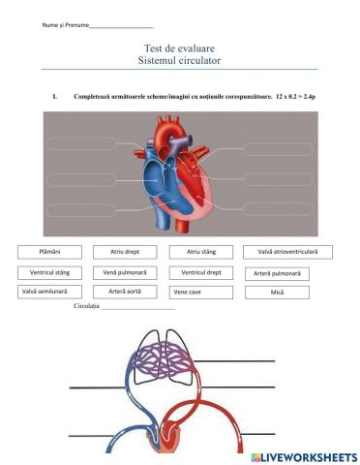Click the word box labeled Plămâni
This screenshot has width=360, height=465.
click(49, 252)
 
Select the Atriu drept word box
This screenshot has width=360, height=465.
click(125, 252)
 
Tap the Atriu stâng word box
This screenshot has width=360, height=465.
click(201, 252)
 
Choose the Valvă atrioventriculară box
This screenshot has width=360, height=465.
click(287, 252)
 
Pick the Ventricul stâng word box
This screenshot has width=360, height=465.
click(49, 272)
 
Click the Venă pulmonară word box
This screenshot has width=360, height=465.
click(125, 272)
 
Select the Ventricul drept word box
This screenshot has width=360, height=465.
click(201, 272)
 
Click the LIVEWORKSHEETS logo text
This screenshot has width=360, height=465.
click(310, 456)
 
